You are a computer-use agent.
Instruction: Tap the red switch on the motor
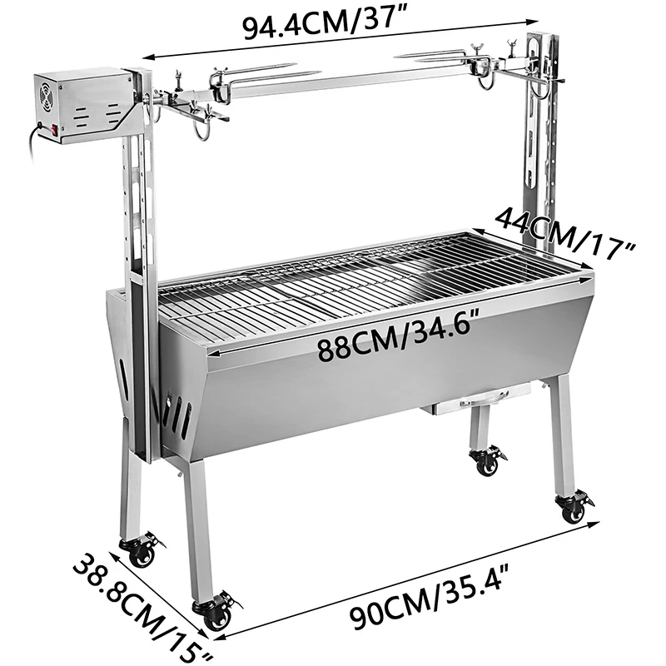point(56,129)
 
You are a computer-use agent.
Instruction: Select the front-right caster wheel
point(573,509)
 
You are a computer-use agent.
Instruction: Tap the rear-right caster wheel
point(485,460)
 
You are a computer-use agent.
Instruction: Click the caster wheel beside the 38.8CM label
point(139,552)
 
